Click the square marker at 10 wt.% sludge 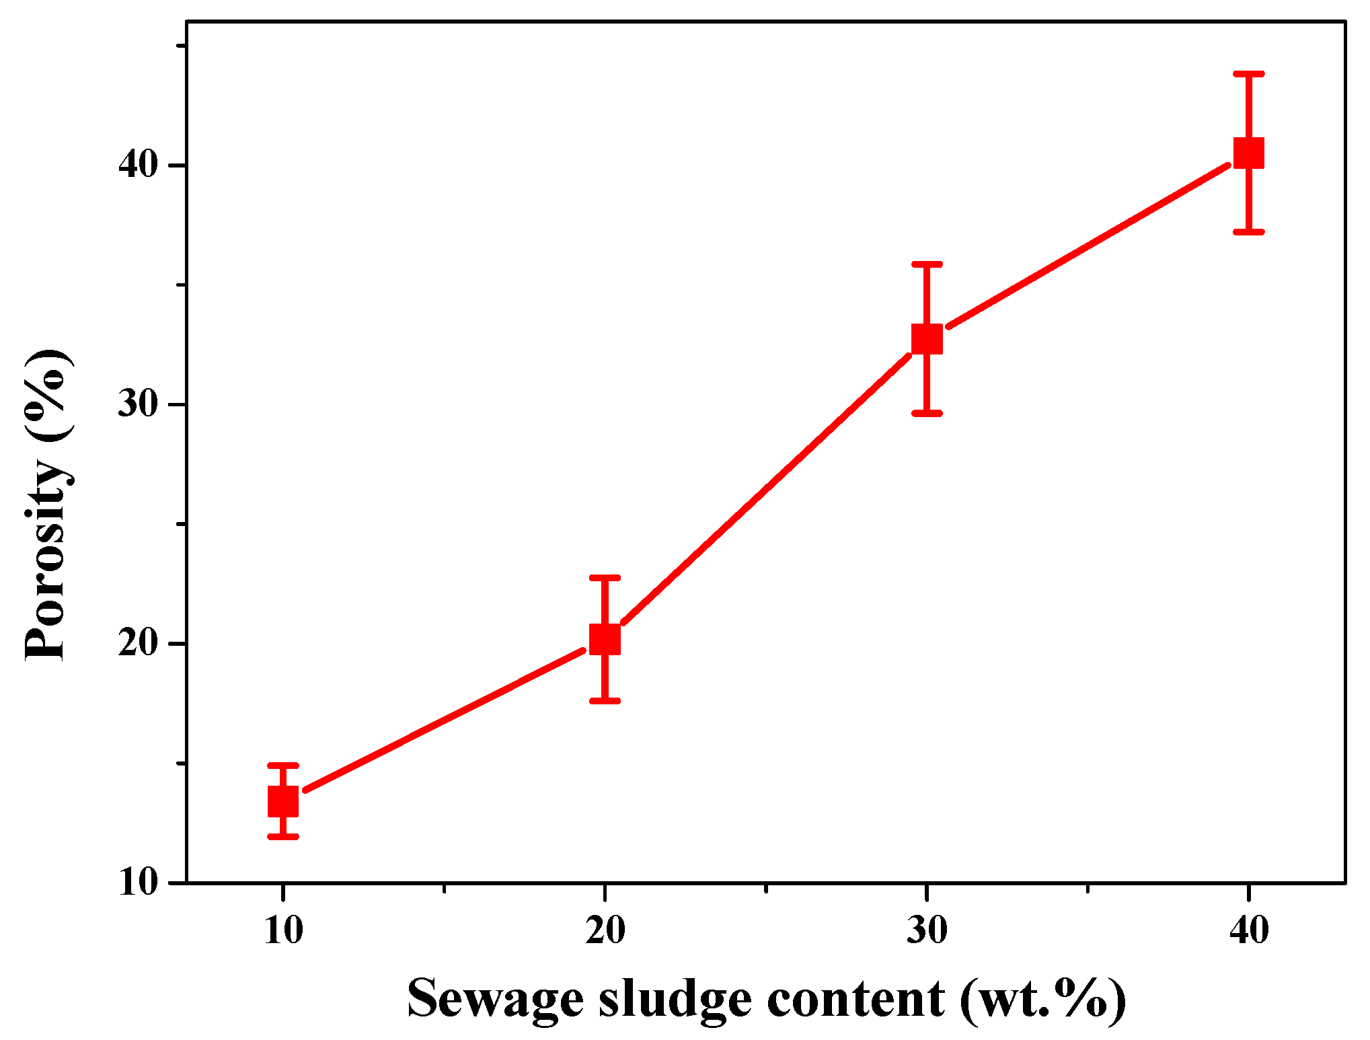click(x=283, y=801)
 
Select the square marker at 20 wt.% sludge click(x=605, y=639)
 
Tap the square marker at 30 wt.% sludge click(x=927, y=338)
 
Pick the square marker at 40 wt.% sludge click(x=1249, y=153)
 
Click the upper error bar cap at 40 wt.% click(x=1249, y=73)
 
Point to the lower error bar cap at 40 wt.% click(x=1249, y=231)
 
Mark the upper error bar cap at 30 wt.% click(x=927, y=264)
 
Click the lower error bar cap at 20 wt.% click(x=605, y=701)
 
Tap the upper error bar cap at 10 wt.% click(x=283, y=766)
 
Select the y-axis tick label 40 click(x=138, y=165)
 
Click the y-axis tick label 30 click(x=138, y=404)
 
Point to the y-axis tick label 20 click(x=138, y=644)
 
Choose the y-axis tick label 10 click(x=138, y=882)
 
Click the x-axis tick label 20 click(x=605, y=931)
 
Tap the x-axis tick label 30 click(x=927, y=931)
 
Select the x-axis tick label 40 click(x=1249, y=931)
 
